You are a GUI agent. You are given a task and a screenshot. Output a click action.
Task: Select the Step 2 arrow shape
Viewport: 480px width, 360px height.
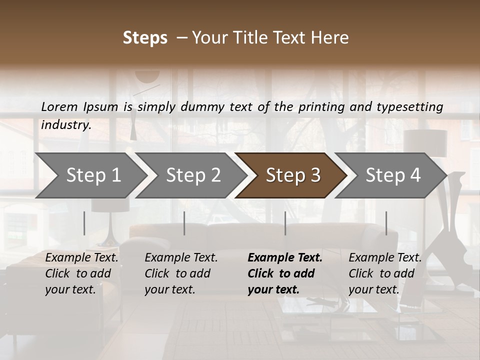coord(193,175)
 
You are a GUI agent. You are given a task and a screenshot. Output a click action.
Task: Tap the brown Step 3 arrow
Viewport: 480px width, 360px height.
coord(293,175)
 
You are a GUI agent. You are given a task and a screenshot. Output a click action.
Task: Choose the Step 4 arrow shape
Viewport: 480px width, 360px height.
coord(393,175)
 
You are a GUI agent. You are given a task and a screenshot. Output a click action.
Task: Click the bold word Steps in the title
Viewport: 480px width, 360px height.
coord(145,38)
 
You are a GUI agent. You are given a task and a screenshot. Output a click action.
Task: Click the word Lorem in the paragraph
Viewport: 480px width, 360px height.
coord(59,106)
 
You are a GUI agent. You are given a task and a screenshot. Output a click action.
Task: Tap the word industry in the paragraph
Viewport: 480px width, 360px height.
coord(66,125)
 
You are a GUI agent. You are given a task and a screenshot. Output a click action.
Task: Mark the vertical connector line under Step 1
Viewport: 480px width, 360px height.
coord(84,223)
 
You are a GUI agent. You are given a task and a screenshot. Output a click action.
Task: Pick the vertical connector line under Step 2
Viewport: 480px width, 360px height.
coord(184,223)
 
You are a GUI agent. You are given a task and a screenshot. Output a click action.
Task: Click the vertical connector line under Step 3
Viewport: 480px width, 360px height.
coord(285,223)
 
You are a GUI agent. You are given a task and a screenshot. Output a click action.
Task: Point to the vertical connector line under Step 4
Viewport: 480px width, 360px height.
coord(386,223)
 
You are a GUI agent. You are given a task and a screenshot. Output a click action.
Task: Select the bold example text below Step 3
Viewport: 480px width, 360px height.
coord(285,273)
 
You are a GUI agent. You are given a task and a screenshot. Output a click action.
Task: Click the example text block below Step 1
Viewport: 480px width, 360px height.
coord(81,273)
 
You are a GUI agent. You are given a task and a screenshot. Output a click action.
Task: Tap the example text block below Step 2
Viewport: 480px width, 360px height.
coord(181,273)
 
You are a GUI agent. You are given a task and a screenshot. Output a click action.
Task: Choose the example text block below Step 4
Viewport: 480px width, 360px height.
coord(385,273)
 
